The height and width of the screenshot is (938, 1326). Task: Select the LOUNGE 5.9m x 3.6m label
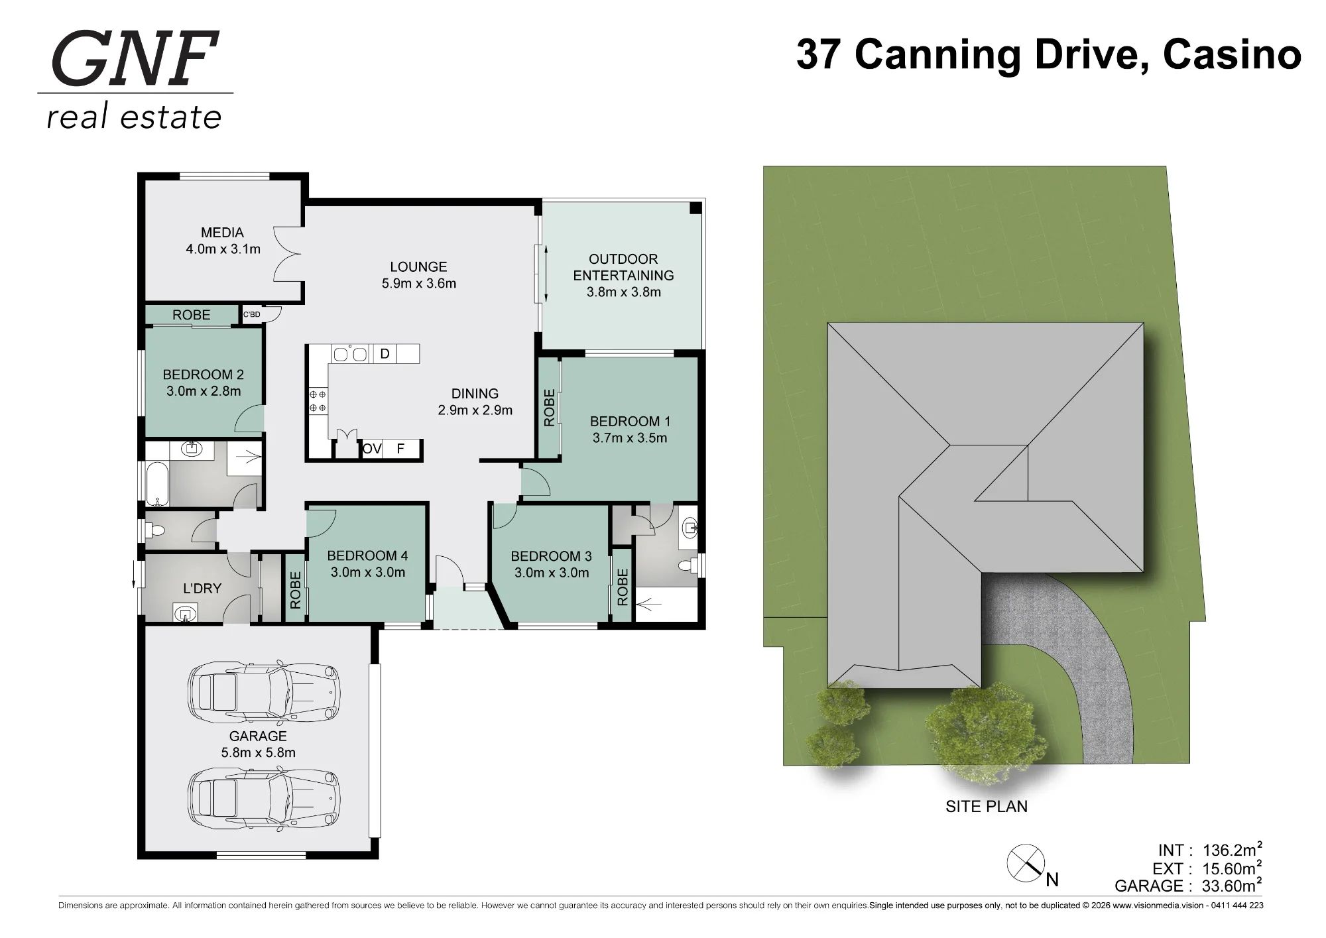click(419, 275)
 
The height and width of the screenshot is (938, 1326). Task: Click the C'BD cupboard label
click(252, 314)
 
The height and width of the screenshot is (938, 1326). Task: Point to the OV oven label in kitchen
click(372, 449)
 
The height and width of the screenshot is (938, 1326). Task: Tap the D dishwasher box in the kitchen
click(385, 354)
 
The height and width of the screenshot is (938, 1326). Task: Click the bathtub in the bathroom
click(158, 483)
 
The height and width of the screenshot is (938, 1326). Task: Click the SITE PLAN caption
click(987, 807)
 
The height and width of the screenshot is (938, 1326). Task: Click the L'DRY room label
click(202, 589)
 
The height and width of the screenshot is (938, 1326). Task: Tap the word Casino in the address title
click(1232, 54)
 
